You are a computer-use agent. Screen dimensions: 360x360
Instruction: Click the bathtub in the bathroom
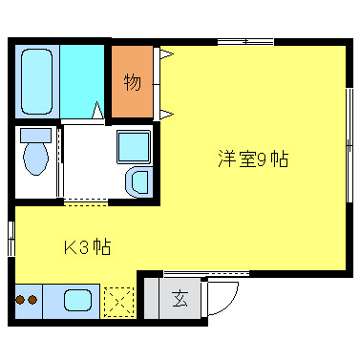click(36, 81)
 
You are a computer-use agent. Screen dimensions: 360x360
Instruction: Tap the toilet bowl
click(36, 158)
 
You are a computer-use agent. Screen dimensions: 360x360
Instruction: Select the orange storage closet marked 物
click(133, 81)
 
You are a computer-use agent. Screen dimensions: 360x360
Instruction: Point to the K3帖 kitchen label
click(87, 248)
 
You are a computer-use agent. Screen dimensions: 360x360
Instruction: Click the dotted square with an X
click(118, 302)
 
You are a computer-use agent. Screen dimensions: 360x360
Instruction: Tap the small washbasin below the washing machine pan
click(138, 180)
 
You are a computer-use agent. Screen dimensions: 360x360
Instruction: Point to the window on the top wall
click(244, 41)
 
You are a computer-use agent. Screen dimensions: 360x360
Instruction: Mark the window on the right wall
click(347, 143)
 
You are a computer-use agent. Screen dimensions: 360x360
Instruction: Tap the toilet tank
click(35, 135)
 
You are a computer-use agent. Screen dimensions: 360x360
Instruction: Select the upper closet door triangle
click(166, 54)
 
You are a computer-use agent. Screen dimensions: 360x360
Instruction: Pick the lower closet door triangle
click(166, 116)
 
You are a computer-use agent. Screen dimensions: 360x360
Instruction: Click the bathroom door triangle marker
click(98, 112)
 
